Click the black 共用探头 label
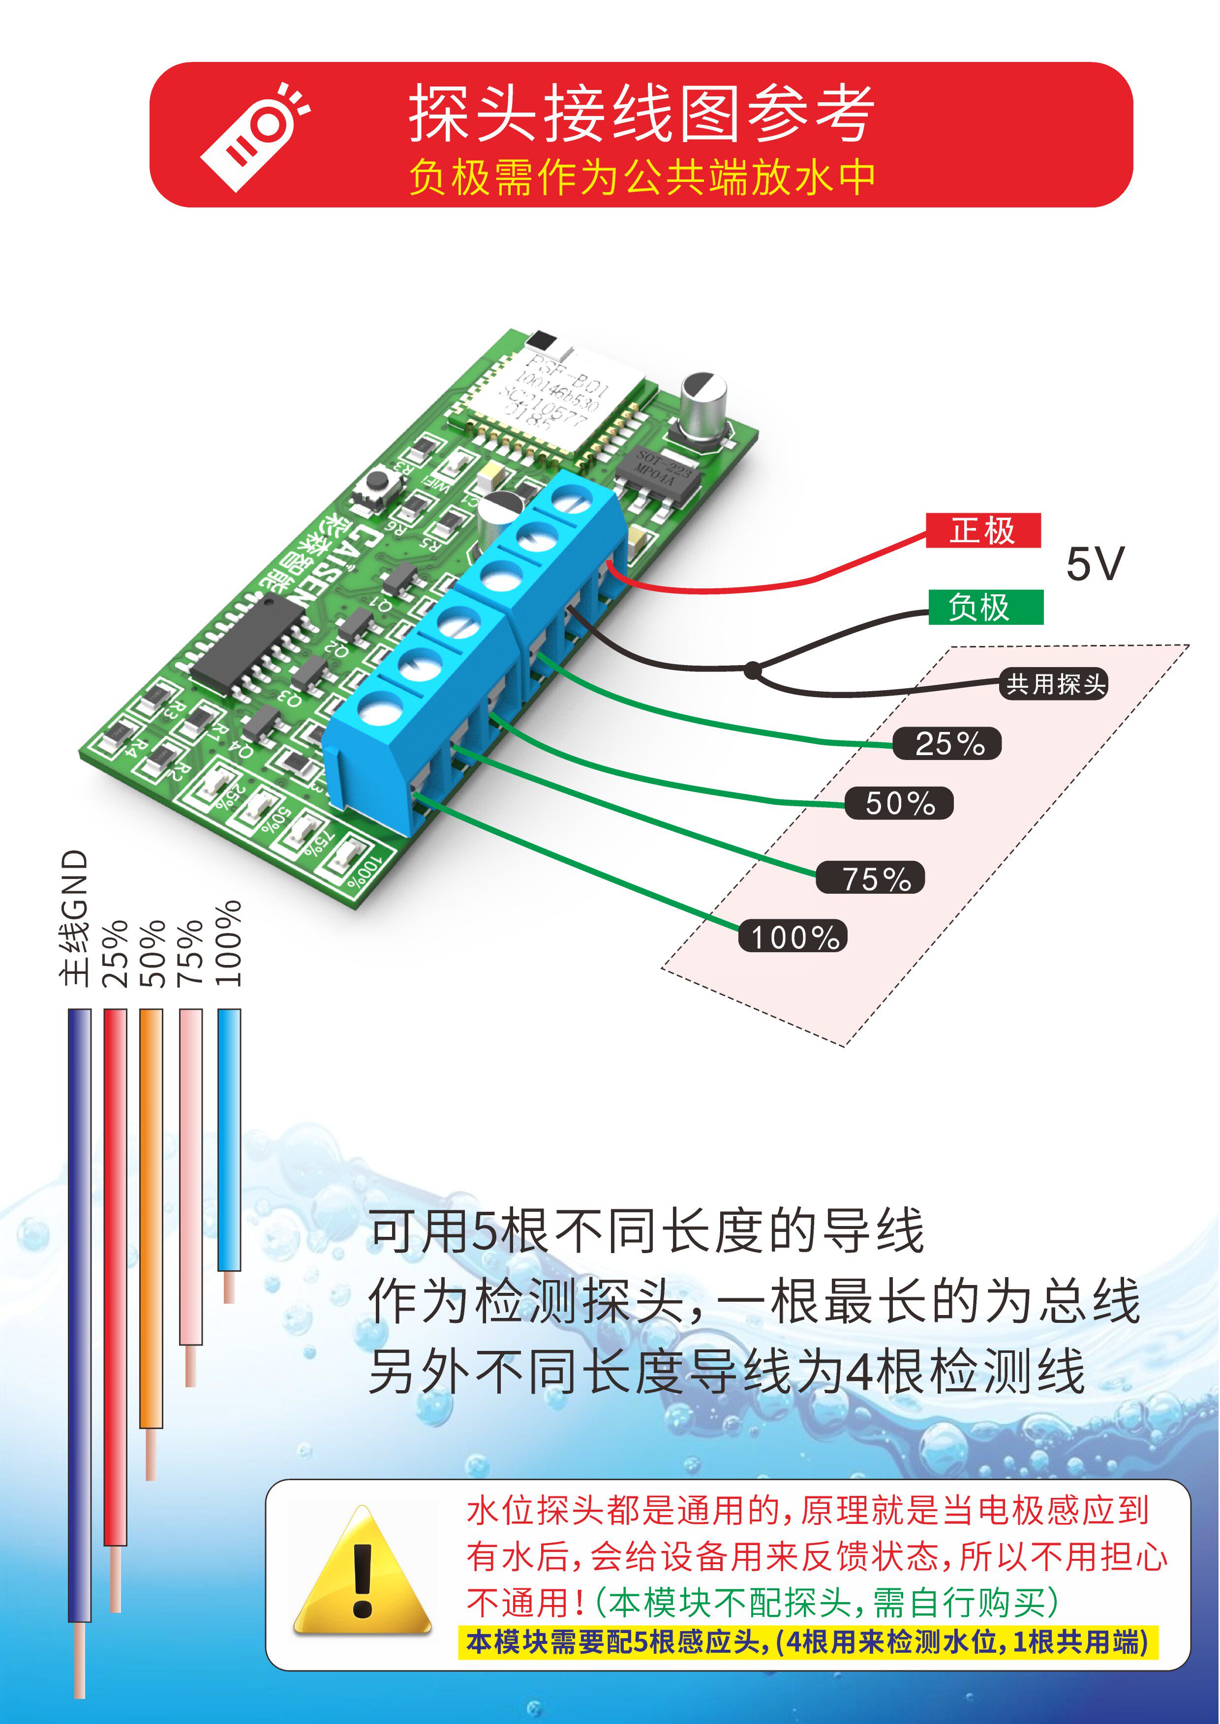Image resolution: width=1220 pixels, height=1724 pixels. point(1054,684)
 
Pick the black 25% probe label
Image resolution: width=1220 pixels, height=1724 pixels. point(948,743)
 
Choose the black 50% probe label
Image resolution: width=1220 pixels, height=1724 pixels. point(899,803)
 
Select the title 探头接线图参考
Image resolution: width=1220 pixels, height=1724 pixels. point(641,114)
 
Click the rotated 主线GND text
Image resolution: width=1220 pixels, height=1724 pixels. point(75,918)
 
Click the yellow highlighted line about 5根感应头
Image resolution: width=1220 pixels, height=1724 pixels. point(808,1643)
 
